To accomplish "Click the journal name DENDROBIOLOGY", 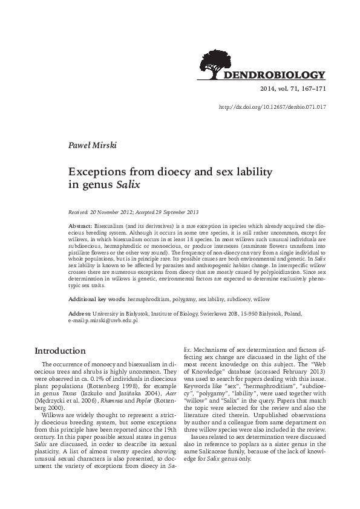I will tap(275, 76).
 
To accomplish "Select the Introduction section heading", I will tap(60, 351).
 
